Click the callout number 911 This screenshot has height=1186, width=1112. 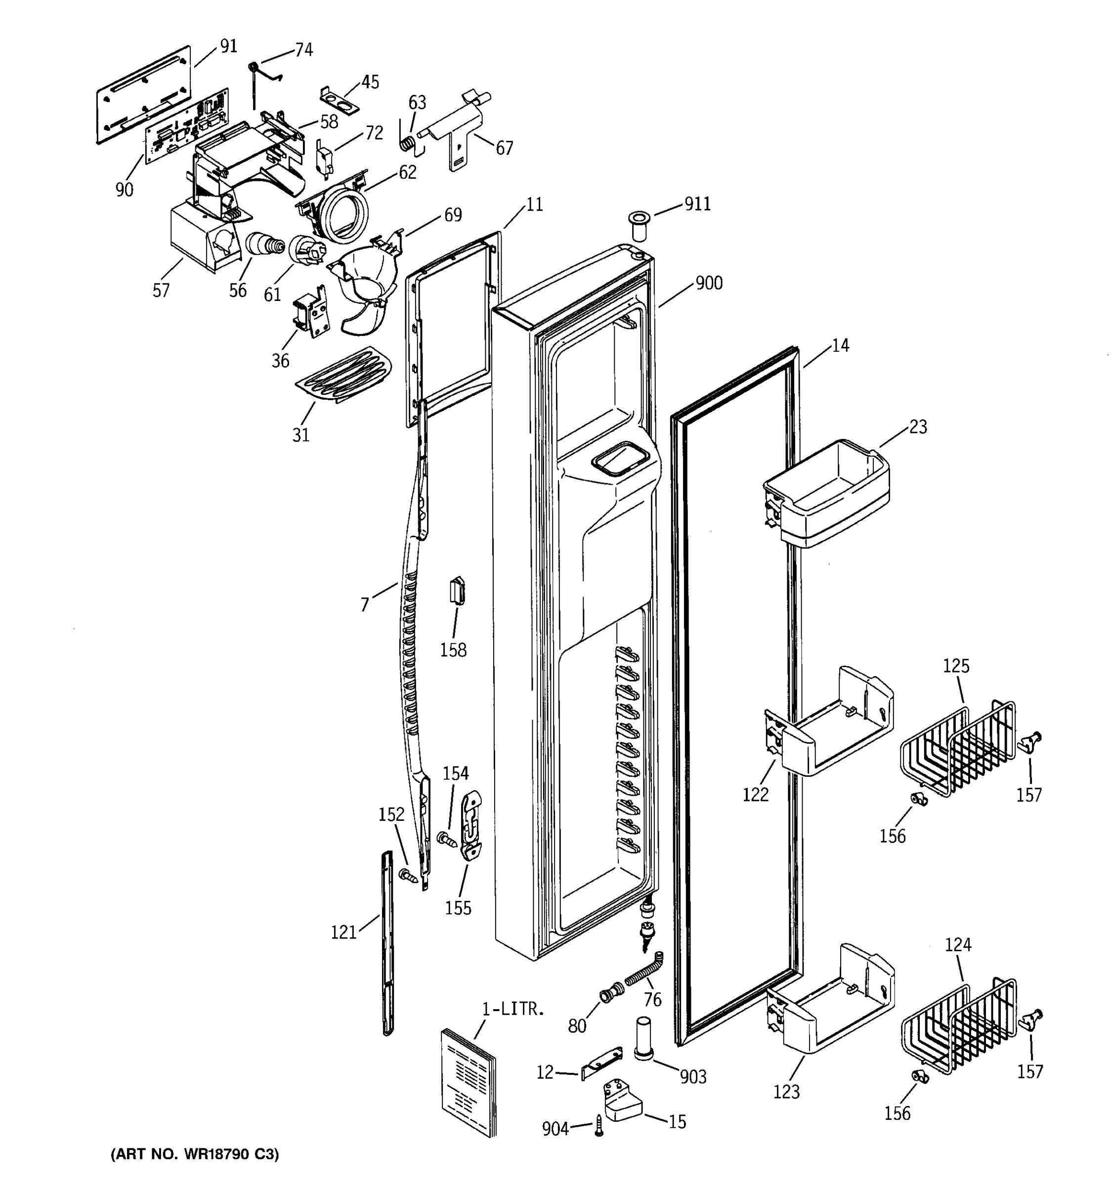(x=697, y=204)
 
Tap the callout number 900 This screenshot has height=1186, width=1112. (x=709, y=283)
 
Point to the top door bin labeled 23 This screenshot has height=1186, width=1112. (x=829, y=495)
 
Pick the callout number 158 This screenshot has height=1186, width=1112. (x=453, y=650)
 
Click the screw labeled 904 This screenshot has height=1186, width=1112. (x=599, y=1125)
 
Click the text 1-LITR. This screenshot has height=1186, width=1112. (x=513, y=1010)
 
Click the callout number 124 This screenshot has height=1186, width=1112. (x=957, y=944)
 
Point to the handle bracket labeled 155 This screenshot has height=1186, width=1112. (x=471, y=826)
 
